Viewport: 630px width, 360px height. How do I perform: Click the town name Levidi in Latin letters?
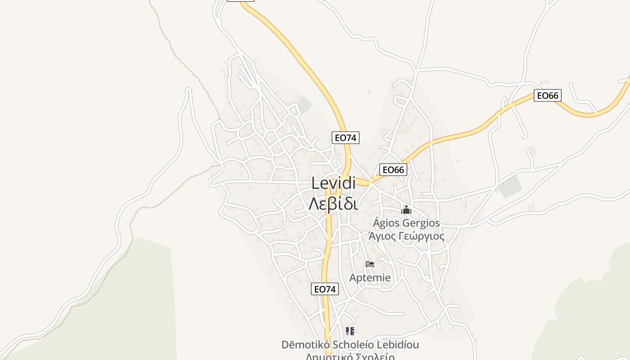pyautogui.click(x=333, y=183)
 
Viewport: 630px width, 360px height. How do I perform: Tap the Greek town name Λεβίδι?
pyautogui.click(x=333, y=204)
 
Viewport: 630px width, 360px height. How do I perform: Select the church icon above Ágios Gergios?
pyautogui.click(x=406, y=210)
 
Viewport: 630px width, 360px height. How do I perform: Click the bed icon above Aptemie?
pyautogui.click(x=370, y=264)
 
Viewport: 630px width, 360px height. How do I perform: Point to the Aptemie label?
pyautogui.click(x=370, y=278)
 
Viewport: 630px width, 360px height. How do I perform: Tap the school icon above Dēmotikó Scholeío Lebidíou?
pyautogui.click(x=350, y=332)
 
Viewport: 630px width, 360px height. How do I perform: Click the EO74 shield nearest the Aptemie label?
pyautogui.click(x=325, y=289)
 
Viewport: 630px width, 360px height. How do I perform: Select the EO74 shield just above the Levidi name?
pyautogui.click(x=346, y=138)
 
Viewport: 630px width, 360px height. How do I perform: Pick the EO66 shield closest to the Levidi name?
pyautogui.click(x=393, y=170)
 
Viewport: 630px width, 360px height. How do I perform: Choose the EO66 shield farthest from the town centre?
pyautogui.click(x=547, y=95)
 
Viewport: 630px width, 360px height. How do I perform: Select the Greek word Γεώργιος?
pyautogui.click(x=422, y=236)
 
